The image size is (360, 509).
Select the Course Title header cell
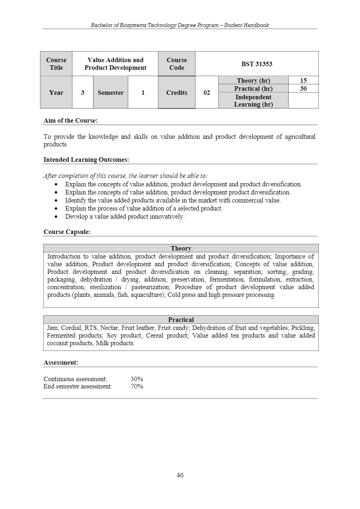point(56,64)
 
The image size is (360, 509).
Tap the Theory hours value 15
point(303,81)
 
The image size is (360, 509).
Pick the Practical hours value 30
point(303,88)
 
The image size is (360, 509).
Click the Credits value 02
point(206,93)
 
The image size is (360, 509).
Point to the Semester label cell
point(110,93)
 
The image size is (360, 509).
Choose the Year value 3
point(83,93)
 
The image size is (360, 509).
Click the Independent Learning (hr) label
point(253,100)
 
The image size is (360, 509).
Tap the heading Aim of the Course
point(71,120)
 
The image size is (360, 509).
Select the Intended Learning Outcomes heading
point(86,160)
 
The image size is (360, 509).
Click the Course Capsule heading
point(67,232)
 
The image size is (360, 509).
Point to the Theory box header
point(181,248)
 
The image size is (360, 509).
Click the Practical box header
point(181,320)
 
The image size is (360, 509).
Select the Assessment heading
point(61,363)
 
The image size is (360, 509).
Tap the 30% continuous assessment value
point(137,379)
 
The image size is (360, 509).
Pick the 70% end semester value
point(137,386)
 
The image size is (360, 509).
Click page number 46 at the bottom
point(180,475)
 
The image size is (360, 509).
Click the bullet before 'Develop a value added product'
point(56,217)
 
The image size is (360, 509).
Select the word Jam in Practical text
point(52,328)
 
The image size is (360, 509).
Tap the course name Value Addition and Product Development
point(115,64)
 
